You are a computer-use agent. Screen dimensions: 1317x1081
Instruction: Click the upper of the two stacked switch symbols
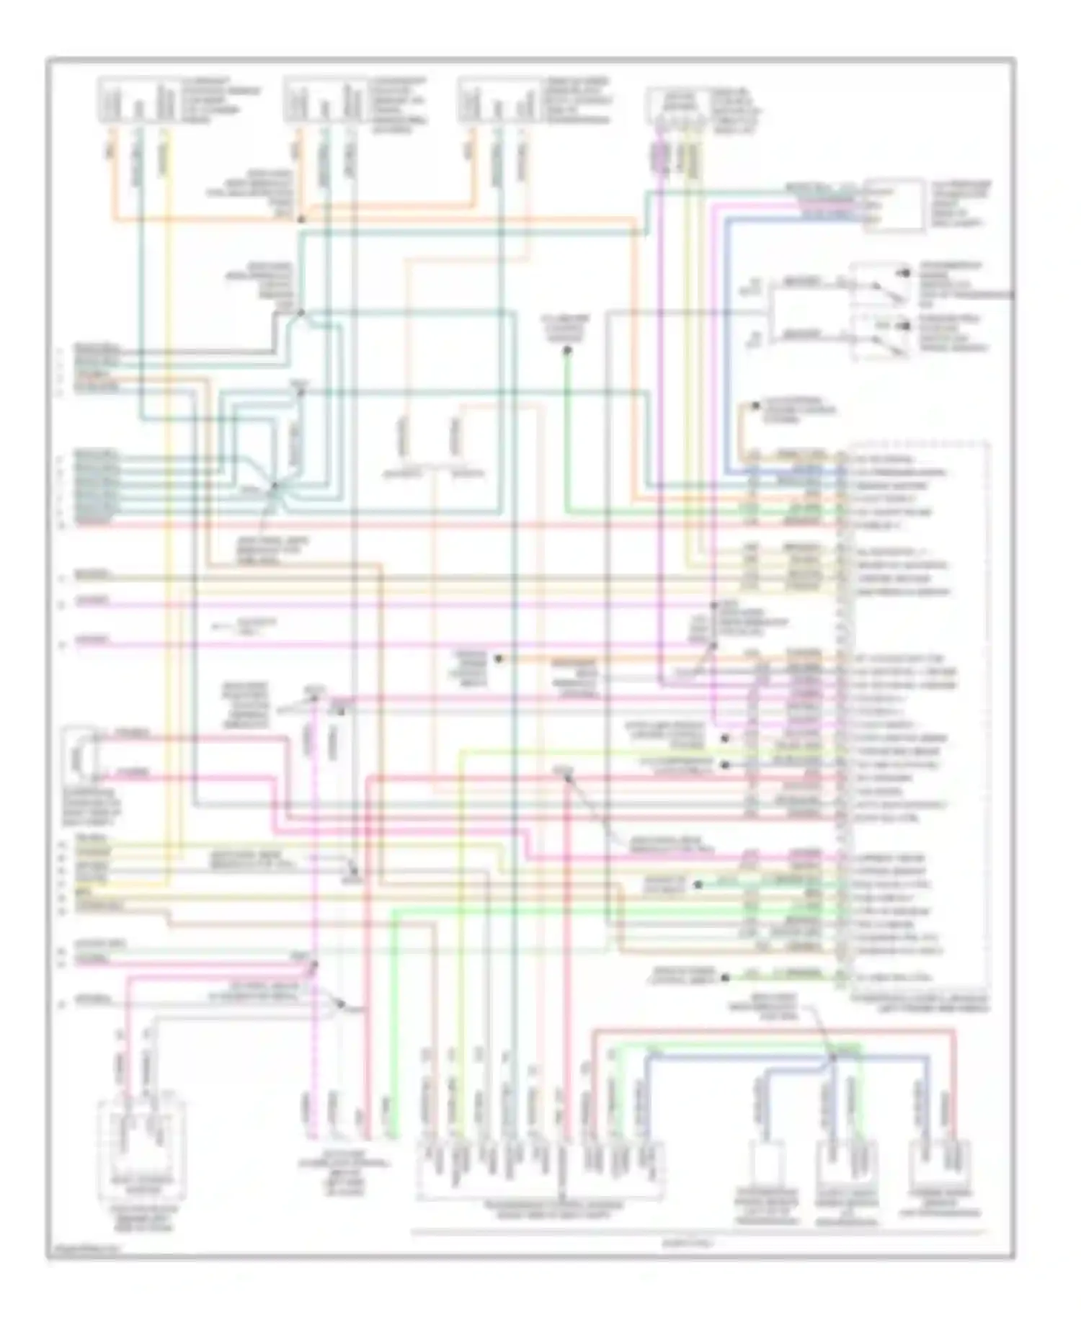pyautogui.click(x=880, y=285)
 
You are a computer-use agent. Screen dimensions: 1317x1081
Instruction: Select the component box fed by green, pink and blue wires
pyautogui.click(x=894, y=205)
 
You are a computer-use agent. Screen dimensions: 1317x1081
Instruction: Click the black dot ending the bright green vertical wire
pyautogui.click(x=567, y=351)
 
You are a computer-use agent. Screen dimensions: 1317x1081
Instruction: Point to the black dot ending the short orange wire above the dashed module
pyautogui.click(x=755, y=406)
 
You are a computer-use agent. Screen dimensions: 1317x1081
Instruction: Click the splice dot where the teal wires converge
pyautogui.click(x=274, y=487)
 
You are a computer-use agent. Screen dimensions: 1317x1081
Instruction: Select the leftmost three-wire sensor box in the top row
pyautogui.click(x=137, y=99)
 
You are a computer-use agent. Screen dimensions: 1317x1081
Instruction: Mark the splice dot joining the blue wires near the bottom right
pyautogui.click(x=832, y=1058)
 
